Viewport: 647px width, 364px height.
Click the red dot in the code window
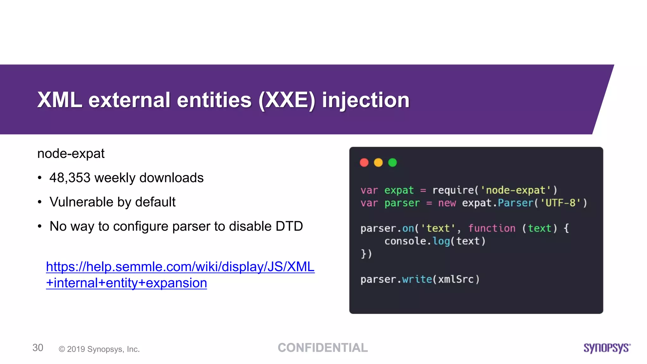click(x=364, y=162)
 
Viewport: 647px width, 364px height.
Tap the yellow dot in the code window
click(x=378, y=162)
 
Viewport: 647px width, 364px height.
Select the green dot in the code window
click(x=392, y=162)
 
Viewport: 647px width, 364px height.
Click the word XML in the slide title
click(x=60, y=100)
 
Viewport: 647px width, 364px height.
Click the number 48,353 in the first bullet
click(x=70, y=178)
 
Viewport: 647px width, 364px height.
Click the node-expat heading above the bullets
click(x=71, y=154)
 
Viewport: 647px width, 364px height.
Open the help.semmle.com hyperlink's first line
click(x=180, y=267)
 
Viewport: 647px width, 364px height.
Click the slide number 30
click(x=38, y=348)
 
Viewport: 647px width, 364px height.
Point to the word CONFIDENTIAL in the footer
click(x=323, y=348)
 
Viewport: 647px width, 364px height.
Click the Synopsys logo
click(x=607, y=348)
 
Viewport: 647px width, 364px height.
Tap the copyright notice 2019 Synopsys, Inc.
click(x=99, y=349)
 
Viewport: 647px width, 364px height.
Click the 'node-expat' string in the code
click(x=516, y=190)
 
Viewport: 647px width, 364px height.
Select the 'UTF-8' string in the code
click(x=560, y=203)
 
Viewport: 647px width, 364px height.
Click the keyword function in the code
click(x=492, y=228)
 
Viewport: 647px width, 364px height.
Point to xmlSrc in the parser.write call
click(x=456, y=279)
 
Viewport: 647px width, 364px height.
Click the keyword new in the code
click(x=447, y=203)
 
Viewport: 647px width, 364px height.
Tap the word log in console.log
click(x=441, y=241)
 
